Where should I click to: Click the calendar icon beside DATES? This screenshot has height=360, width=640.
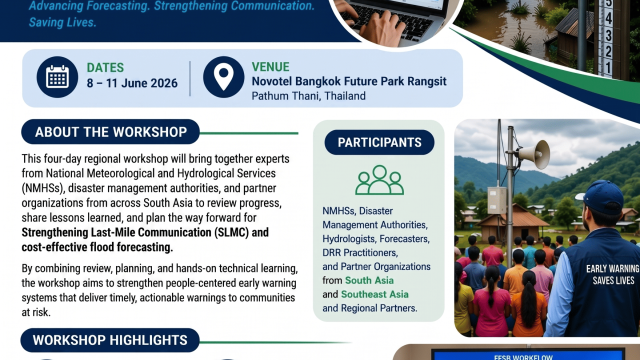(x=58, y=77)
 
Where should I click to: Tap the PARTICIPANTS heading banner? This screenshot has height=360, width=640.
(x=379, y=142)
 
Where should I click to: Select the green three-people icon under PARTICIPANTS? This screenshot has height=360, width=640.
(x=379, y=180)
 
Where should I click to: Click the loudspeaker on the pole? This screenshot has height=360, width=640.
(x=533, y=154)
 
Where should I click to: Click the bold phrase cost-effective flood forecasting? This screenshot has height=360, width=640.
(x=95, y=246)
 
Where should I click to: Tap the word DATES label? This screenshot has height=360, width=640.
(x=105, y=67)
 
